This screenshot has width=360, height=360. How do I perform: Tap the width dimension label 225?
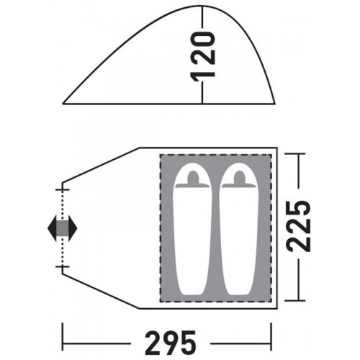(298, 226)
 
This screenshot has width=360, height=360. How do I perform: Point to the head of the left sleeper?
(193, 176)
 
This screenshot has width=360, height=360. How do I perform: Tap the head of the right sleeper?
(239, 176)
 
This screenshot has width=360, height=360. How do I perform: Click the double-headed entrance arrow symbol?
(63, 228)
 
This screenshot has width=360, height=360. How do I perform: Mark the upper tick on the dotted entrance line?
(63, 190)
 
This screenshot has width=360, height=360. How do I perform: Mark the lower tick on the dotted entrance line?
(63, 266)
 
